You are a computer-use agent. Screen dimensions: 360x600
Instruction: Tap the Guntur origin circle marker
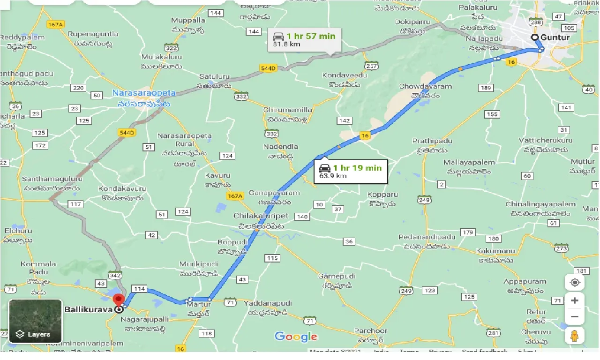point(534,37)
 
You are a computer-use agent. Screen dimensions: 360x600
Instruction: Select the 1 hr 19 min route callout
point(351,172)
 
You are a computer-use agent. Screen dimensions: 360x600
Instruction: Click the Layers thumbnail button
point(35,321)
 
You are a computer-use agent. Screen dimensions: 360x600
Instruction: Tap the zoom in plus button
point(575,300)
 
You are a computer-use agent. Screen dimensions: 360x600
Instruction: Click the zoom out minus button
point(575,317)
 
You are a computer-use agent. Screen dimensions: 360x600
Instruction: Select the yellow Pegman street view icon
point(575,336)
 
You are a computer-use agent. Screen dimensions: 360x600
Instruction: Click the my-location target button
point(575,283)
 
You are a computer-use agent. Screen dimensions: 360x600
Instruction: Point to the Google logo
point(296,337)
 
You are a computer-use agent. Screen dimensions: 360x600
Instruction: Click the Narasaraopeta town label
point(141,93)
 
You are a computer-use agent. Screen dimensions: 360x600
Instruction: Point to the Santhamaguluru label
point(52,179)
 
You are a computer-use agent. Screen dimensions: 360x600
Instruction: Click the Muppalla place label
point(188,21)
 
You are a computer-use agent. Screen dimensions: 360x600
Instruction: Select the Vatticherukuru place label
point(546,140)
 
